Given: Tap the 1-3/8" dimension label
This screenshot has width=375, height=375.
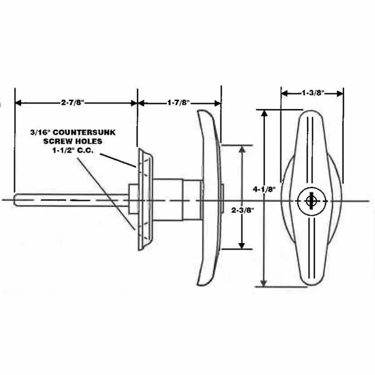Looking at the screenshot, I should tap(312, 93).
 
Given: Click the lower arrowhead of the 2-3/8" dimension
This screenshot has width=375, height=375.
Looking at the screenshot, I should tap(242, 245).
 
